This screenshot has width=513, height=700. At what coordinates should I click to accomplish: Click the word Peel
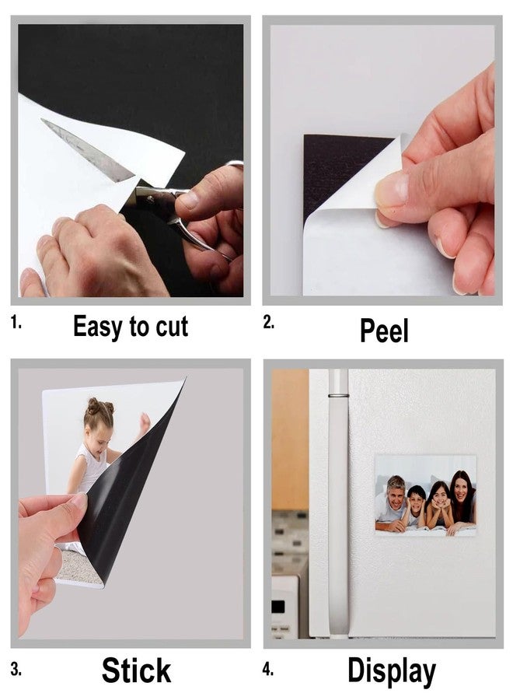[x=384, y=331]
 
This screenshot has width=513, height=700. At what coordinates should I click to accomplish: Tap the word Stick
[x=136, y=670]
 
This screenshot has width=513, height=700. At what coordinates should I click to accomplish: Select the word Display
[x=392, y=671]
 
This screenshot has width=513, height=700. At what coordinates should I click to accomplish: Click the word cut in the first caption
[x=172, y=327]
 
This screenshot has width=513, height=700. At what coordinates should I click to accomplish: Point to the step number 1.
[x=16, y=322]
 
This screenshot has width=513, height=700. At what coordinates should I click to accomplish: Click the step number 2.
[x=268, y=322]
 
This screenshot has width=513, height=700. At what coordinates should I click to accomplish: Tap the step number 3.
[x=16, y=670]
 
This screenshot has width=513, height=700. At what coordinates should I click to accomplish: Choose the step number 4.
[x=267, y=670]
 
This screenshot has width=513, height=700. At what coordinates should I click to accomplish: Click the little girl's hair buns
[x=100, y=405]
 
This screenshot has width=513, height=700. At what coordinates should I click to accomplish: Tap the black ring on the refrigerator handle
[x=338, y=395]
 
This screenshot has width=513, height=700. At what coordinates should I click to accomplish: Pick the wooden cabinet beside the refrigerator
[x=290, y=439]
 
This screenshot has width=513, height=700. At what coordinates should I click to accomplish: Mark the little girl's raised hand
[x=144, y=422]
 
